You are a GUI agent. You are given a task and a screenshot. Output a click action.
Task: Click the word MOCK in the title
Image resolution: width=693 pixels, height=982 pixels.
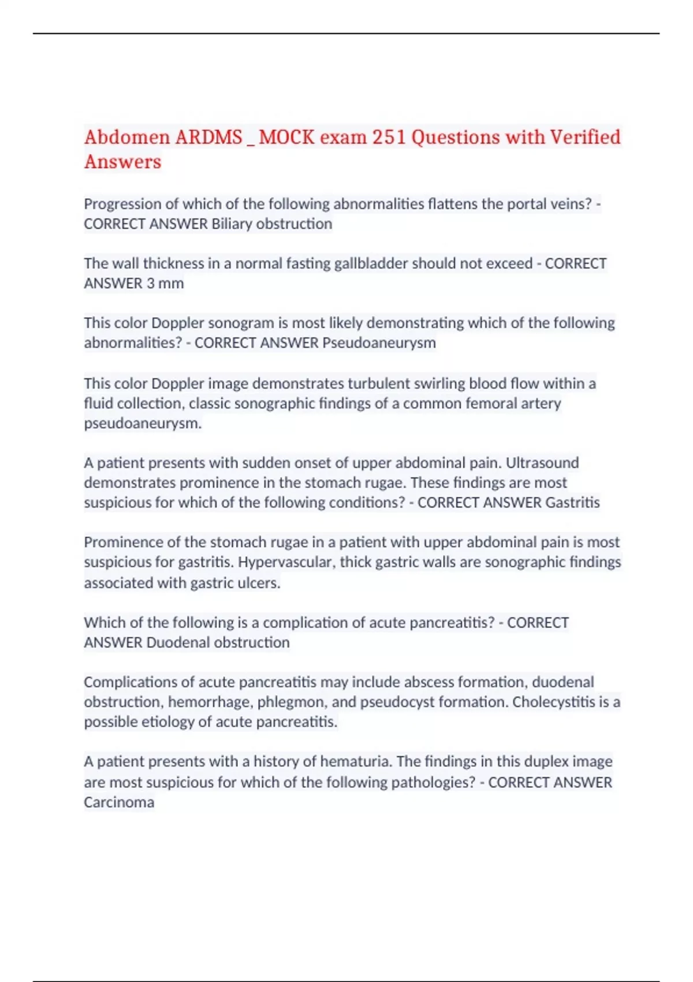coord(287,137)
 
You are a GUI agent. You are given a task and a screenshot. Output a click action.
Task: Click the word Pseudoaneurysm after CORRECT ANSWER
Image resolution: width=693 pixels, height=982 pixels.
coord(379,343)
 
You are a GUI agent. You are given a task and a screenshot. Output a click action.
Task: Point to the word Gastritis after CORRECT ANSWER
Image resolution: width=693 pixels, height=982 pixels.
coord(572,503)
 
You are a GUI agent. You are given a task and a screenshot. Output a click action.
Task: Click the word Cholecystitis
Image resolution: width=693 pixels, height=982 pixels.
coord(556,702)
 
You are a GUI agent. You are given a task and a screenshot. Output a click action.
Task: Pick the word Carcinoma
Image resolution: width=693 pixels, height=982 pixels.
coord(119,803)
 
